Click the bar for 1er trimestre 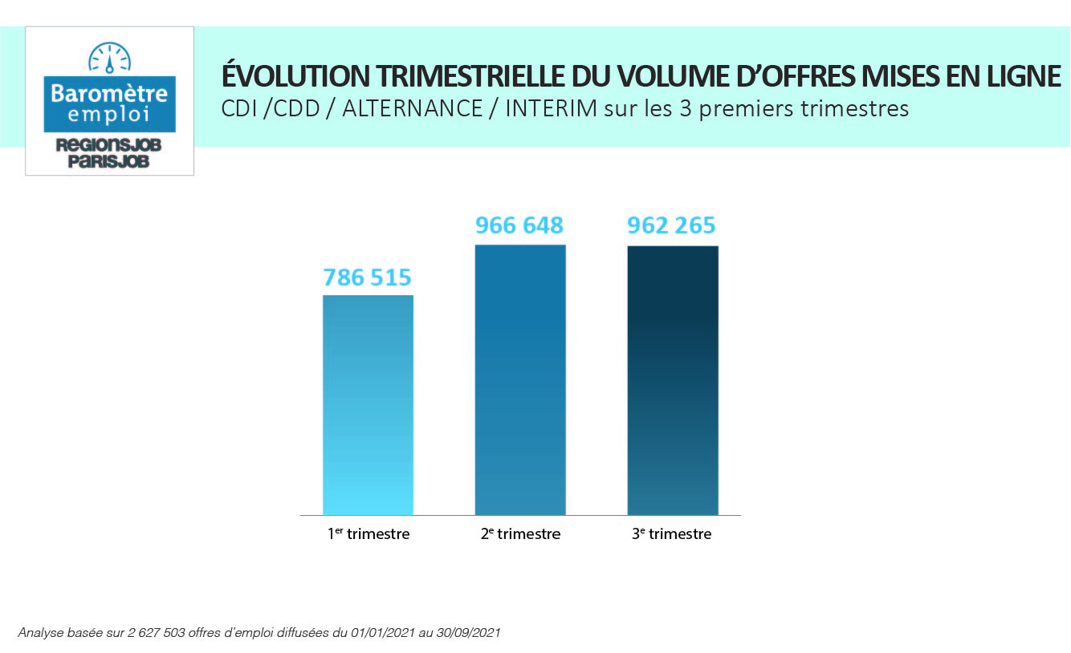[368, 404]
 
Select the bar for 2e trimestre [520, 379]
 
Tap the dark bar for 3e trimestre [672, 379]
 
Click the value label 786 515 [368, 278]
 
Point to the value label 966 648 [519, 225]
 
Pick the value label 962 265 [671, 225]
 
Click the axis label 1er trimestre [369, 533]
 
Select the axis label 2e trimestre [520, 533]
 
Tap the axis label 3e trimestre [671, 533]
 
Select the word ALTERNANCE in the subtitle [412, 108]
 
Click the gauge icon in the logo [109, 57]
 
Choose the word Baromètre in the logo [109, 93]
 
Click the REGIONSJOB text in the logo [109, 145]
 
